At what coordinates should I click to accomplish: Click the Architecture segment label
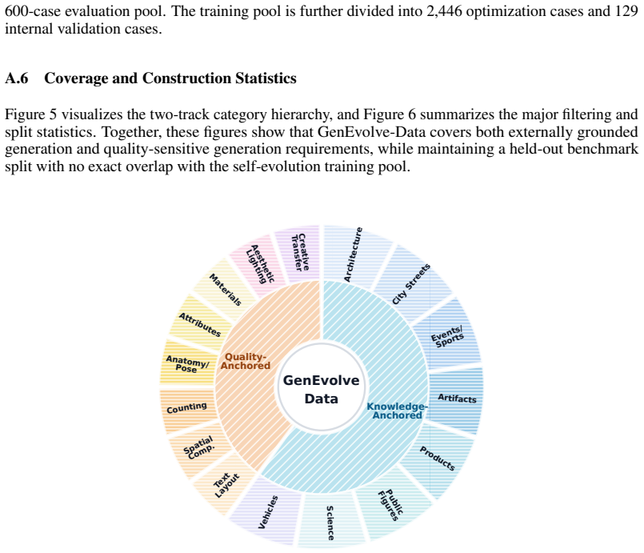point(354,254)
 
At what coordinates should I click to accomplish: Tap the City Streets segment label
point(410,284)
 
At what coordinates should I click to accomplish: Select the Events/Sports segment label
point(447,336)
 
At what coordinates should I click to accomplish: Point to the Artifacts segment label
point(457,398)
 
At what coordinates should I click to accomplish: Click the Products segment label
point(437,458)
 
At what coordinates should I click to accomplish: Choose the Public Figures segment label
point(390,505)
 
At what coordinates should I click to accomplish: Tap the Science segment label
point(330,523)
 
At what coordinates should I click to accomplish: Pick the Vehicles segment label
point(268,512)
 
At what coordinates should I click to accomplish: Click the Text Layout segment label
point(226,485)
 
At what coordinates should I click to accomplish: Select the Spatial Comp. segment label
point(198,447)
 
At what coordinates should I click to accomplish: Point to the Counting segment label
point(186,408)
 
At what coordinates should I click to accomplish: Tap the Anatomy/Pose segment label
point(187,364)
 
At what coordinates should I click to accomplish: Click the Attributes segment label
point(200,325)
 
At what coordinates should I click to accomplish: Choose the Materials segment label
point(225,290)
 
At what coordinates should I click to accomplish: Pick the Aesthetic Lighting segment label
point(260,264)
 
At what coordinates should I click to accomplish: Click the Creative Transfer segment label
point(300,252)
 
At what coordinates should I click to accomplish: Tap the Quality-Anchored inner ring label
point(246,361)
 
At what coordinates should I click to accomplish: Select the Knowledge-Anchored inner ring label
point(397,411)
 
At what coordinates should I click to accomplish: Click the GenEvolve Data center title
point(321,389)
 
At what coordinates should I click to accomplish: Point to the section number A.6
point(17,78)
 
